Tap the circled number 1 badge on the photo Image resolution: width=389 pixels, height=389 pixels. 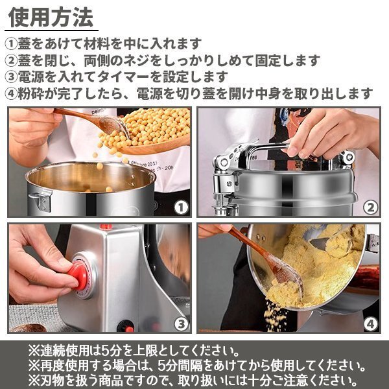pyautogui.click(x=180, y=207)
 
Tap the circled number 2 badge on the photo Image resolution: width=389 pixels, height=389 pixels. pyautogui.click(x=370, y=207)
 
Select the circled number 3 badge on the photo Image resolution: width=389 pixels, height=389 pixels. pyautogui.click(x=182, y=322)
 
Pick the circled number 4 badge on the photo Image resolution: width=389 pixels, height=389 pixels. pyautogui.click(x=370, y=322)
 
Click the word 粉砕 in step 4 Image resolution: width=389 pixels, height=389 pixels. pyautogui.click(x=34, y=93)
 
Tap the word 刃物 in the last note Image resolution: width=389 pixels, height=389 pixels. pyautogui.click(x=53, y=379)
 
